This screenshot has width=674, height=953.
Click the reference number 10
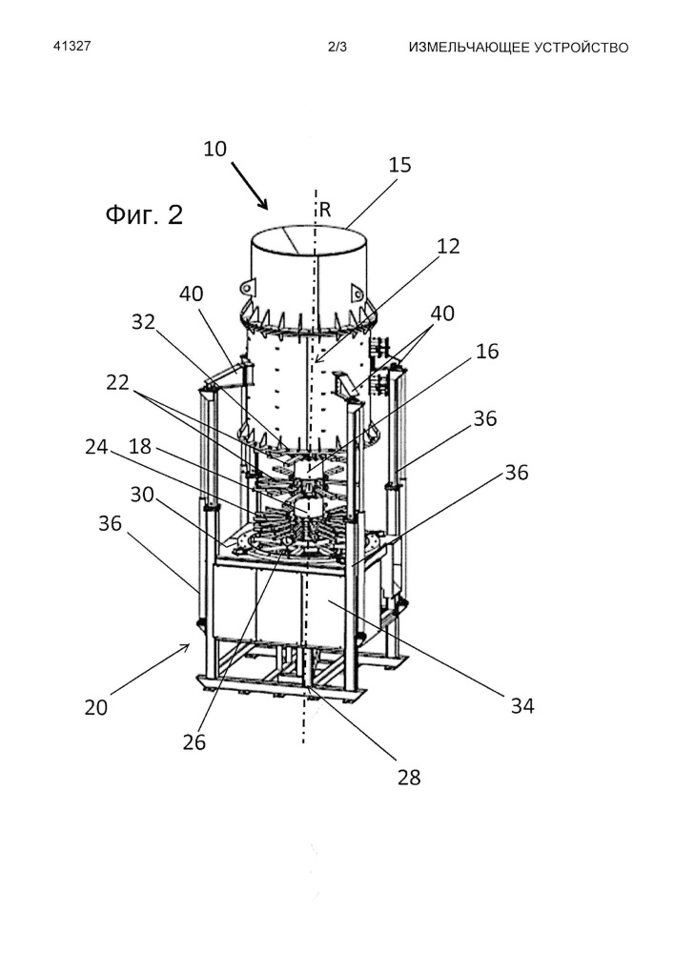(x=214, y=149)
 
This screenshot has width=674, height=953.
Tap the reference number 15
(x=399, y=165)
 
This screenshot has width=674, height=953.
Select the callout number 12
(x=448, y=246)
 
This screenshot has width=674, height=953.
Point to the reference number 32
(x=143, y=322)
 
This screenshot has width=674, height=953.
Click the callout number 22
(x=117, y=382)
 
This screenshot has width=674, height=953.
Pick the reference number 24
(x=96, y=447)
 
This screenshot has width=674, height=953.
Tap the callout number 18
(x=140, y=447)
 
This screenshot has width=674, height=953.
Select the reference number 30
(x=142, y=495)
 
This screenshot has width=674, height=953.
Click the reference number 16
(x=487, y=352)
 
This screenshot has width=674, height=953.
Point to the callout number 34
(x=522, y=705)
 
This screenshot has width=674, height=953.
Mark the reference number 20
(x=96, y=707)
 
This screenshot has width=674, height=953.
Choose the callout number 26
(x=194, y=742)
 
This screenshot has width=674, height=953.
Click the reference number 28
(x=409, y=778)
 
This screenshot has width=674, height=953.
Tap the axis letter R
(x=325, y=211)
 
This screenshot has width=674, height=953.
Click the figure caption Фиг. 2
(x=144, y=214)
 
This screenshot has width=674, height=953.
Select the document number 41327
(x=72, y=46)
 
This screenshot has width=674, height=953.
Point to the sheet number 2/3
(x=337, y=47)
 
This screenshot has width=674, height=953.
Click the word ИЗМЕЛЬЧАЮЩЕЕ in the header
(x=469, y=48)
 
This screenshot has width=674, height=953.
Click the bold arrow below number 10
(x=250, y=186)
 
